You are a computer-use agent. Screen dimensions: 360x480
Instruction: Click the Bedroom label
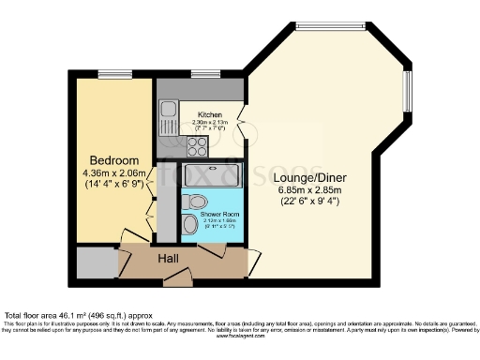[113, 160]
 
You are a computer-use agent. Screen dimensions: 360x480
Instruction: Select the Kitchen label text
[209, 114]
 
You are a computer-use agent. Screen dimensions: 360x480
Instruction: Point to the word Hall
[169, 258]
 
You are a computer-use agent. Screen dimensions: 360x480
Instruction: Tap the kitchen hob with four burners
[199, 144]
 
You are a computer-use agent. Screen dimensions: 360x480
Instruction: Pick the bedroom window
[113, 73]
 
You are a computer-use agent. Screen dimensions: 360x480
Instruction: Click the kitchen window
[203, 73]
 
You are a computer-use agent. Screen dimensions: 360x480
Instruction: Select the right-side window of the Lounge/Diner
[407, 93]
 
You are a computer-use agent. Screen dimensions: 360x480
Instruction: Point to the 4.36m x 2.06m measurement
[113, 172]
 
